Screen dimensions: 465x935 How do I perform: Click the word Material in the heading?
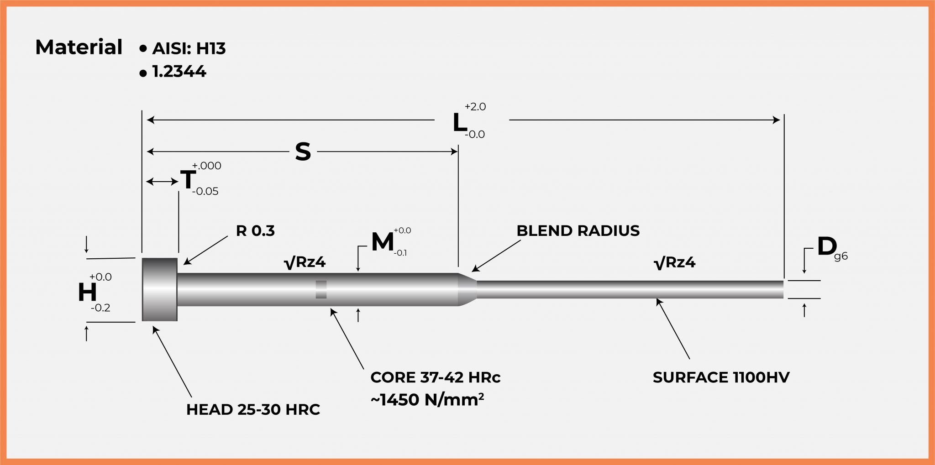[79, 47]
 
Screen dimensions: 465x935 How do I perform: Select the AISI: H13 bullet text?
[189, 48]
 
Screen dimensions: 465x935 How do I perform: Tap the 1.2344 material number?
[179, 72]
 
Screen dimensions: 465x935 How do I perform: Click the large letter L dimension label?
[459, 123]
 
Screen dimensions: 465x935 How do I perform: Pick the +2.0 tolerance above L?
[475, 107]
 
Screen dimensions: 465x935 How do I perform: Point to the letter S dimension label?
[303, 152]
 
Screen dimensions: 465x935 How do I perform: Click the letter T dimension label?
[188, 180]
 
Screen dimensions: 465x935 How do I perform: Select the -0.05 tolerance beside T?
[205, 192]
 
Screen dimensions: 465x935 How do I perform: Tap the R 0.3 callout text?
[255, 231]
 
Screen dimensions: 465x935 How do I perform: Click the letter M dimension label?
[382, 242]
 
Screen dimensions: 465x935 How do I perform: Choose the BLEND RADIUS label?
[578, 231]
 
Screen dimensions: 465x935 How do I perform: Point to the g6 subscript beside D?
[840, 256]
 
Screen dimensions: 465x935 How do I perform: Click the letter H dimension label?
[87, 293]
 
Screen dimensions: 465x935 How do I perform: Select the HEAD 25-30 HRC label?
[253, 410]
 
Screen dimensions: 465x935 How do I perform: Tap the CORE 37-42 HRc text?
[435, 377]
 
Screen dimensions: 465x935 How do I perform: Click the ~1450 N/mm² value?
[427, 400]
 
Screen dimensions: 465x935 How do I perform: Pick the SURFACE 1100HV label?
[721, 377]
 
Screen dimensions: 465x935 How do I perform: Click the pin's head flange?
[159, 289]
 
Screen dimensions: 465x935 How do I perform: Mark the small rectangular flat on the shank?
[321, 289]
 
